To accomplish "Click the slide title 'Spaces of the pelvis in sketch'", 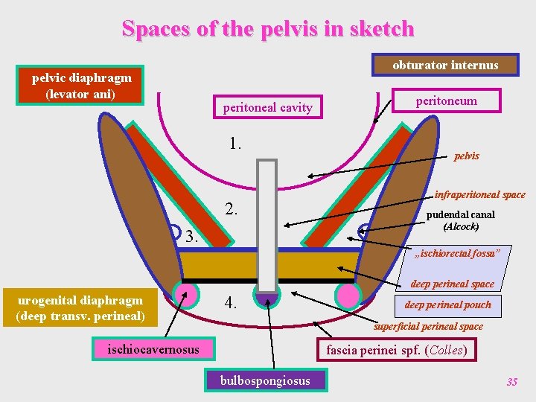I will pyautogui.click(x=268, y=29).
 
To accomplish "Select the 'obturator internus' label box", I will pyautogui.click(x=445, y=66).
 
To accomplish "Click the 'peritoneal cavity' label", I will pyautogui.click(x=268, y=108).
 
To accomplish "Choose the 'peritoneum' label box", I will pyautogui.click(x=447, y=100).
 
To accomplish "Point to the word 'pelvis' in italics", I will pyautogui.click(x=467, y=156).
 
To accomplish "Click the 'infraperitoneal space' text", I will pyautogui.click(x=480, y=195).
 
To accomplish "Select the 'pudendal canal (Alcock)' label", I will pyautogui.click(x=461, y=220).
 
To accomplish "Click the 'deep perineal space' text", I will pyautogui.click(x=452, y=284).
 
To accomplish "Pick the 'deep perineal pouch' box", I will pyautogui.click(x=448, y=304).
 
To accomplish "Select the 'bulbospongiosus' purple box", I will pyautogui.click(x=264, y=381).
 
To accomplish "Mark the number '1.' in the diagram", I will pyautogui.click(x=236, y=143).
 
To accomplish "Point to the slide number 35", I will pyautogui.click(x=511, y=382).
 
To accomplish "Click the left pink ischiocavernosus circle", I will pyautogui.click(x=187, y=291).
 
